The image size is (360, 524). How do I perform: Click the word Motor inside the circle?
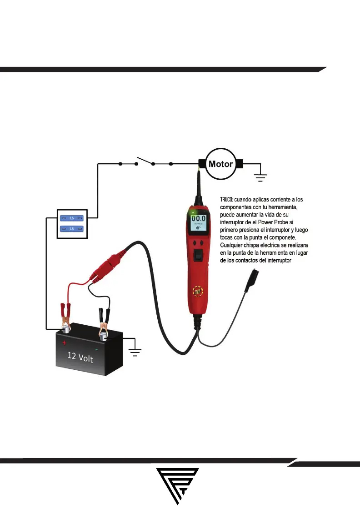click(x=220, y=164)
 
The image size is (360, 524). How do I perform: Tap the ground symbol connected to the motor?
click(x=260, y=177)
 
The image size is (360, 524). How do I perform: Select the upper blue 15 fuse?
click(x=71, y=218)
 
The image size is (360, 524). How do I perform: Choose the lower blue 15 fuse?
click(x=71, y=228)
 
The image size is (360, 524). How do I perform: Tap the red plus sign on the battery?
click(x=65, y=343)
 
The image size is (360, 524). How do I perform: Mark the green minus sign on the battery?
click(x=97, y=349)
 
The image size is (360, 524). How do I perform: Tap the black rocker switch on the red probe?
click(x=198, y=257)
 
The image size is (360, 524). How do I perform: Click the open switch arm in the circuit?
click(x=145, y=161)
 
